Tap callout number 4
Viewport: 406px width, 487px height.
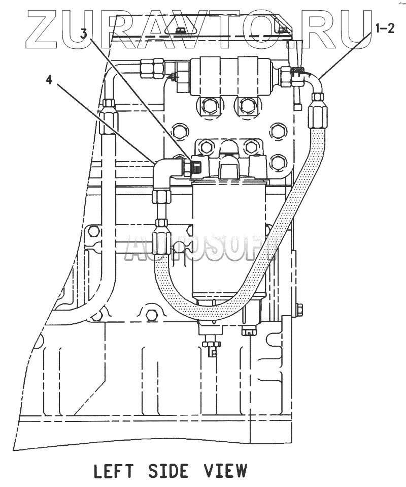click(x=49, y=80)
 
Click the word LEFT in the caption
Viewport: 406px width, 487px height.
click(x=115, y=471)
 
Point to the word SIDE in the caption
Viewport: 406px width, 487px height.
click(x=168, y=471)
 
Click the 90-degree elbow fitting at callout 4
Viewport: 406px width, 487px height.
click(x=167, y=170)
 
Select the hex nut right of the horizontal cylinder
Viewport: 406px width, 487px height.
click(x=288, y=77)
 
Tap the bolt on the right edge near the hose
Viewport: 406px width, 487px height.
click(x=299, y=309)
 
